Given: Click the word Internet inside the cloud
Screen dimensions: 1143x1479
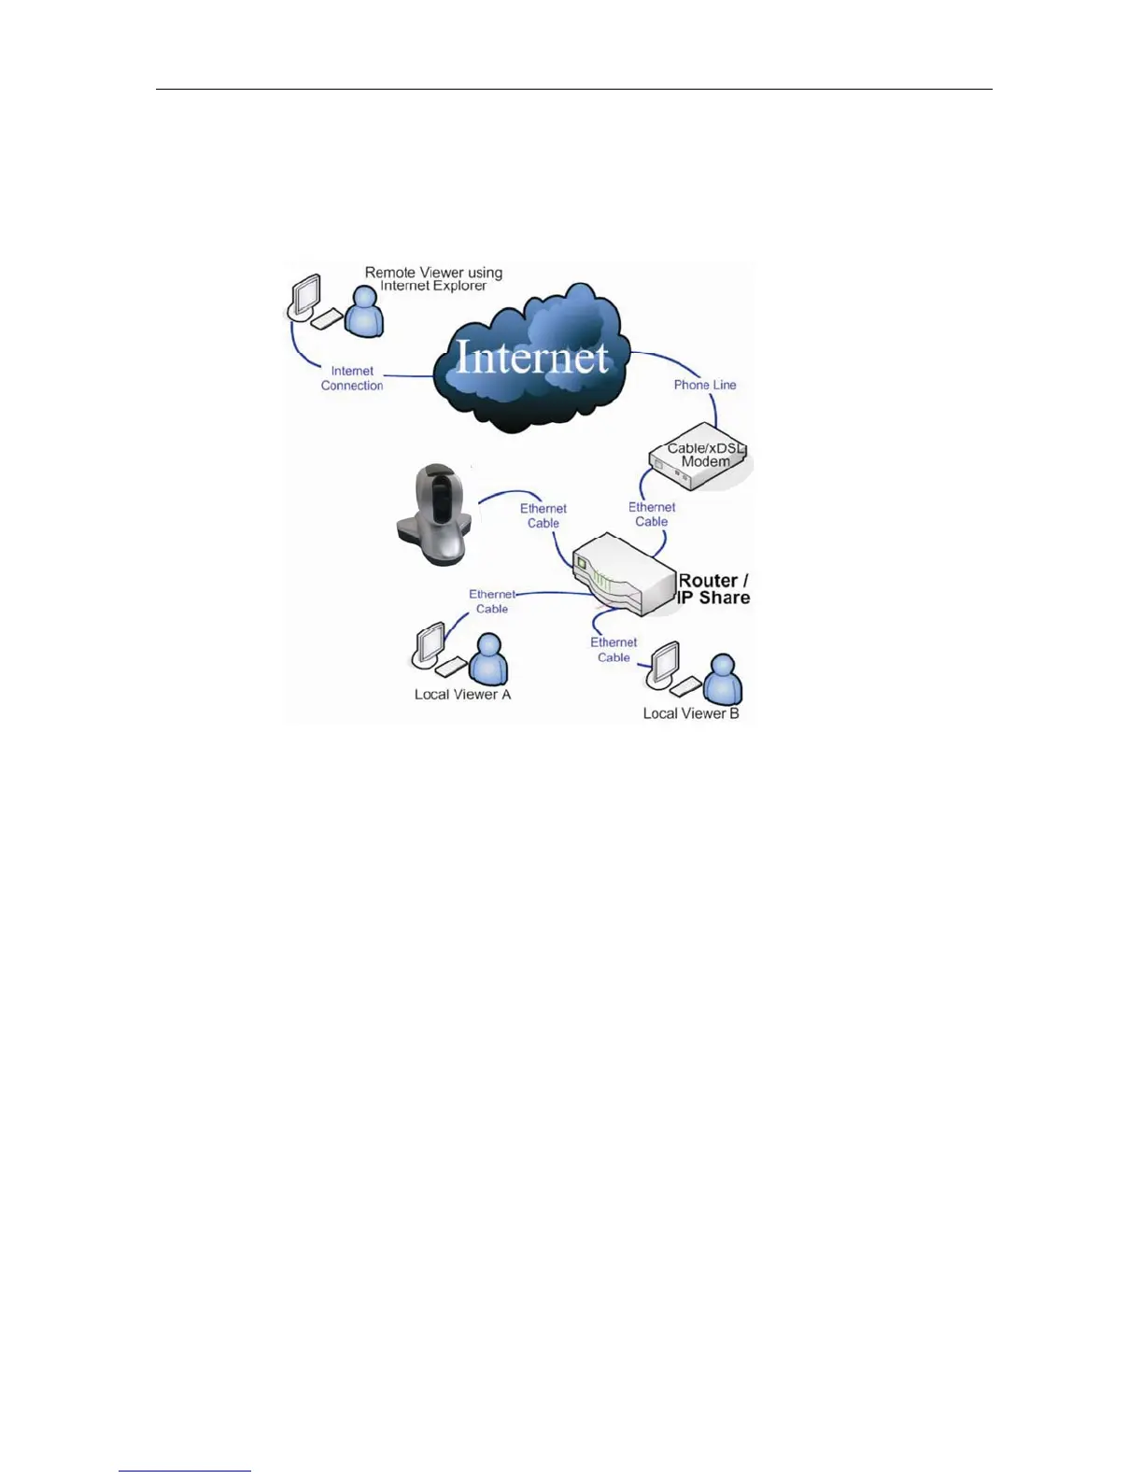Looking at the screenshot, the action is click(x=531, y=358).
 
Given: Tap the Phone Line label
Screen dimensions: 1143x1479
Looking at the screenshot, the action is click(x=705, y=385).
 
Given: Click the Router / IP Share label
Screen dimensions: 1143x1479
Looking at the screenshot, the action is click(x=713, y=589).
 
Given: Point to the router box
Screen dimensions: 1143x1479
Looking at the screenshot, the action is click(x=621, y=575).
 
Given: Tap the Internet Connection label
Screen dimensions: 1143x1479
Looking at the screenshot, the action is click(x=352, y=378).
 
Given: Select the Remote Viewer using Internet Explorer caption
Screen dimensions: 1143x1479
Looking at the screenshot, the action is click(x=433, y=279).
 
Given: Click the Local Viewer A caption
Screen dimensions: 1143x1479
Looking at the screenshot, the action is click(x=462, y=695).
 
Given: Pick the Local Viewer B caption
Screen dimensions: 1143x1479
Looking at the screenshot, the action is click(x=691, y=713).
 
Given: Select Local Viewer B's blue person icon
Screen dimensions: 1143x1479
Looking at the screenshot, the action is click(x=723, y=679).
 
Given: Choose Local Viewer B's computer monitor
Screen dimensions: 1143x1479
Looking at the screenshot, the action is click(x=663, y=665).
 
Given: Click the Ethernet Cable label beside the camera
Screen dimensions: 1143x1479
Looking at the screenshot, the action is click(x=543, y=515).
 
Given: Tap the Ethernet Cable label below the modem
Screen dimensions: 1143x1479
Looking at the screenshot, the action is click(x=652, y=514).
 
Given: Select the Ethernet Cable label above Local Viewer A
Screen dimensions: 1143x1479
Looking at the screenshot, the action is click(x=492, y=601).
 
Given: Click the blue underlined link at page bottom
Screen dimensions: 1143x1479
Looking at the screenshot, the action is click(x=185, y=1471).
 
